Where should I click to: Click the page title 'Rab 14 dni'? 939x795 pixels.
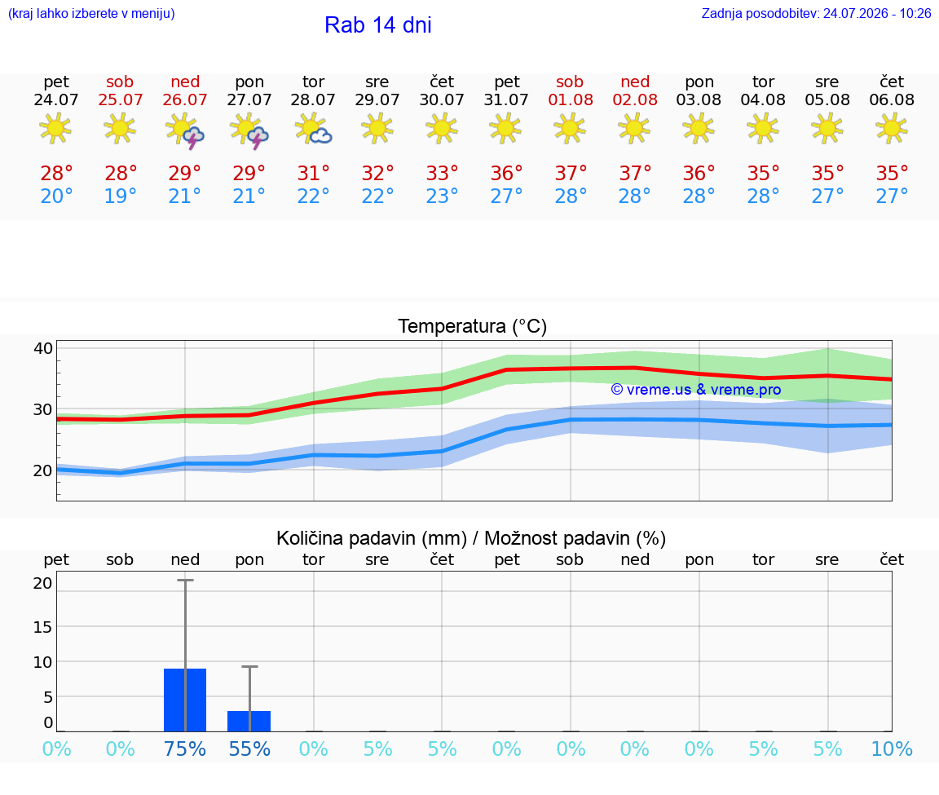tap(378, 25)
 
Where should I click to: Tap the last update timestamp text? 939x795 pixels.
tap(816, 13)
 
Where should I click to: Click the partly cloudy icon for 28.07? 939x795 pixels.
tap(313, 130)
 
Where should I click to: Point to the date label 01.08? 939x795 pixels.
tap(571, 99)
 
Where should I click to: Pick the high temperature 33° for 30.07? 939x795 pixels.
tap(442, 173)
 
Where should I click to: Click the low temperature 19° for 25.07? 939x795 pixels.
tap(121, 196)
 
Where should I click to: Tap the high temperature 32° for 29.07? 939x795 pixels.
tap(377, 173)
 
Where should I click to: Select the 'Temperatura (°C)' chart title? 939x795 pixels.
tap(473, 326)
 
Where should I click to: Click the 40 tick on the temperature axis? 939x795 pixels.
tap(43, 348)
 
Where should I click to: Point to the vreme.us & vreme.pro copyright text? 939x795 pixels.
tap(696, 390)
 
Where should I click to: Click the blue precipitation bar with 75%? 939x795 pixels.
tap(185, 700)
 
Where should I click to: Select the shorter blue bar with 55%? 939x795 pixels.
tap(249, 721)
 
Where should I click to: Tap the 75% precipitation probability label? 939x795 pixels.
tap(185, 749)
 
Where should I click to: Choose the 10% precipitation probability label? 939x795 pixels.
tap(892, 749)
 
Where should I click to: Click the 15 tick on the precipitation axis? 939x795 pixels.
tap(43, 627)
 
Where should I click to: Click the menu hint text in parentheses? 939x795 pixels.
tap(91, 13)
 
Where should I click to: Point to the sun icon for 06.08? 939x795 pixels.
tap(892, 130)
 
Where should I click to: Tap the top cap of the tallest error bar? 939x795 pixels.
tap(185, 580)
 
